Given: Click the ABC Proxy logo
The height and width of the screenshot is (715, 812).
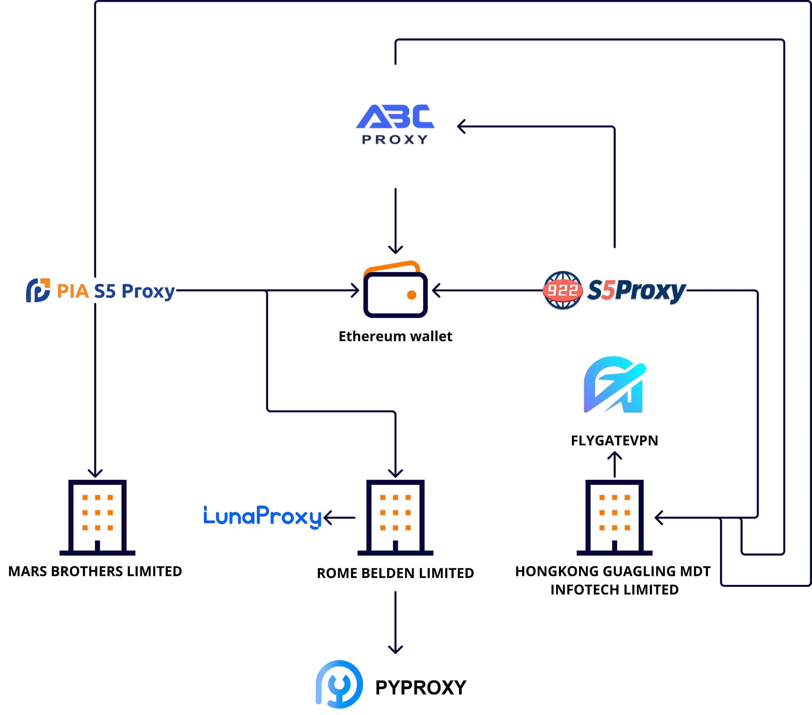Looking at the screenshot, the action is click(395, 124).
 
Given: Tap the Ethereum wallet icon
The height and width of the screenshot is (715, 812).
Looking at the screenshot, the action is click(395, 289).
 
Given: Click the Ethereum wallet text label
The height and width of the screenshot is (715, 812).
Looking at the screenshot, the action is click(395, 336).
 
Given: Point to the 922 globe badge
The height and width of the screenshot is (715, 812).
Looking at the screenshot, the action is click(562, 290).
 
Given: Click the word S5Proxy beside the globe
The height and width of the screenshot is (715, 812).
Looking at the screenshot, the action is click(636, 291).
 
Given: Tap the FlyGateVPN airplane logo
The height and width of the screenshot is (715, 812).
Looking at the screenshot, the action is click(615, 384).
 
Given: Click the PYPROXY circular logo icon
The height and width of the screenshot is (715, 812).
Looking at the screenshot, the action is click(339, 684).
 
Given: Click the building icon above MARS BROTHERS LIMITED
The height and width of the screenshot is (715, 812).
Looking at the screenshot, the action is click(97, 517).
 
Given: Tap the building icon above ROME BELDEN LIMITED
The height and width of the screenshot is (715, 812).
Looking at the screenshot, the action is click(395, 517).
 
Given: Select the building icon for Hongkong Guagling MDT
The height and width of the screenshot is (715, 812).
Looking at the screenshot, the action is click(615, 517).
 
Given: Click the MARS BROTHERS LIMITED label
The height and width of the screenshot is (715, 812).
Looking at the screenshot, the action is click(95, 571).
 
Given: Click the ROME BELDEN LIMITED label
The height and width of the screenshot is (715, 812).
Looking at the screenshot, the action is click(395, 573).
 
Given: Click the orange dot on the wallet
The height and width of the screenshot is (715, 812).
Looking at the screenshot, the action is click(412, 295).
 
